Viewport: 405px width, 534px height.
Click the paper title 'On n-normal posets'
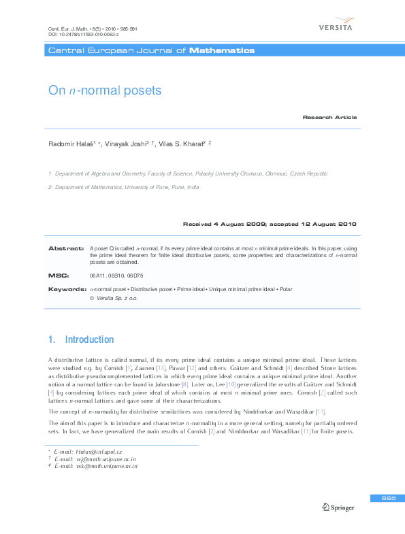coord(104,90)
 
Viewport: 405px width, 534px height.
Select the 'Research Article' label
coord(329,118)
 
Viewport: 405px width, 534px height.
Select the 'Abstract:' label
coord(66,248)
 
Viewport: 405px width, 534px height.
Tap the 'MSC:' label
coord(58,276)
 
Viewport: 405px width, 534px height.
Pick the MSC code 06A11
coord(97,276)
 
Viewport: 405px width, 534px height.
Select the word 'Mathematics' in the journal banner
coord(222,50)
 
